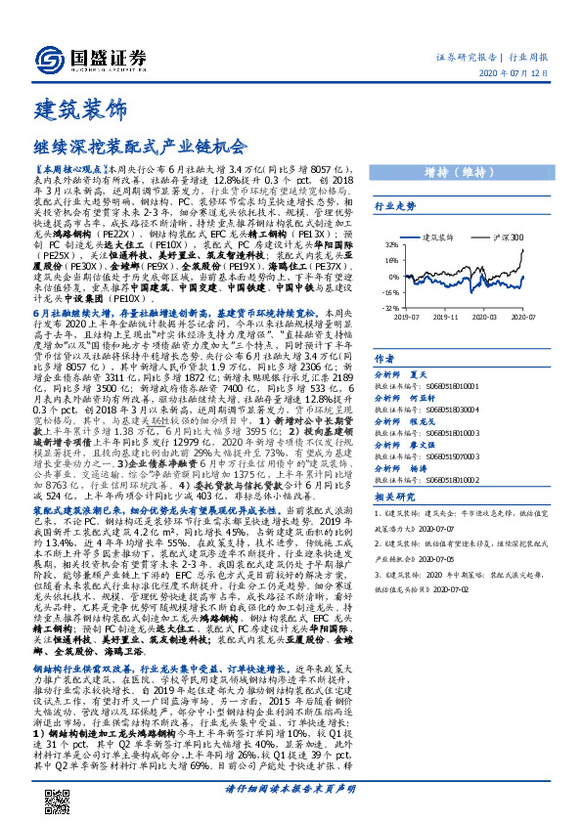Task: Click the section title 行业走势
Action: point(395,206)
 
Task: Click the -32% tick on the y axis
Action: point(390,306)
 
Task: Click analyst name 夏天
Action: point(420,373)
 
